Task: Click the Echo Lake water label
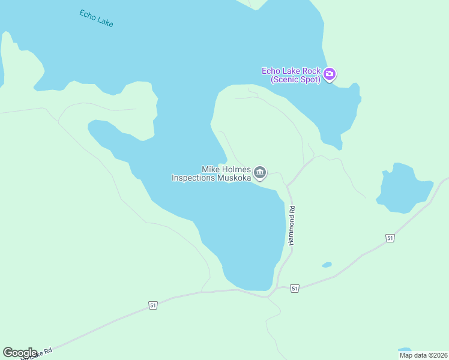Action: (96, 18)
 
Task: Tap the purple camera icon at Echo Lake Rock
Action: (329, 74)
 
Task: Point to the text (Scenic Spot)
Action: (295, 79)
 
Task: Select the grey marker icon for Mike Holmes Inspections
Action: (260, 173)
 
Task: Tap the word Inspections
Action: (192, 178)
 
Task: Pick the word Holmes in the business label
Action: (236, 170)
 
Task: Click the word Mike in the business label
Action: (211, 170)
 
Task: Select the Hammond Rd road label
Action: (292, 225)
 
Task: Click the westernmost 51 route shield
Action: (153, 305)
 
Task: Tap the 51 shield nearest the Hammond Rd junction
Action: (294, 289)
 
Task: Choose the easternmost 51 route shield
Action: (390, 238)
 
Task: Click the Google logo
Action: (20, 353)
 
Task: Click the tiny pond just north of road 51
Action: (327, 265)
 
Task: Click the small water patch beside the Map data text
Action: (405, 349)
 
